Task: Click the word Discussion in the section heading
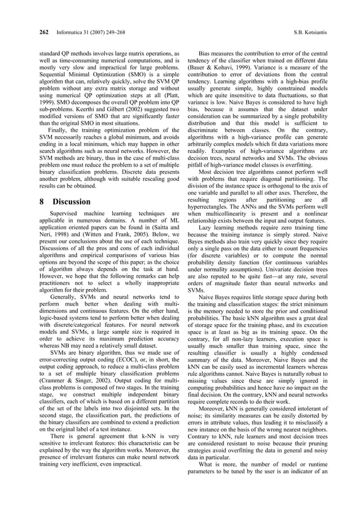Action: (x=71, y=202)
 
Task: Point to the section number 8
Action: (x=42, y=202)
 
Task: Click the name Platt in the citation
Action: (x=168, y=97)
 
